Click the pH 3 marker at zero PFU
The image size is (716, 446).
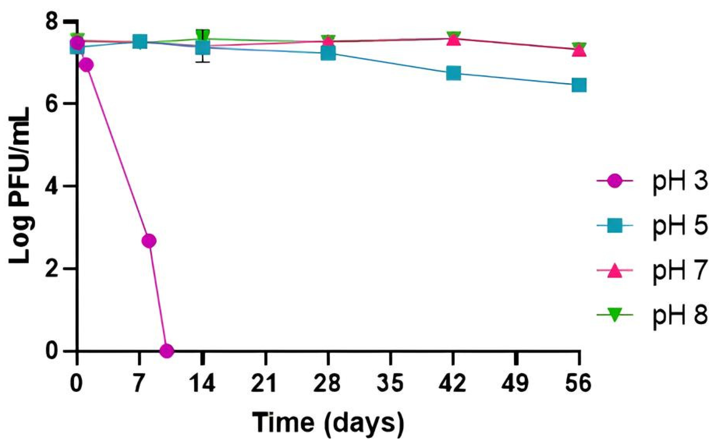point(167,350)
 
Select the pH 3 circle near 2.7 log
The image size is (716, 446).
point(149,241)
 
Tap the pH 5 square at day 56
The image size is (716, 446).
point(579,85)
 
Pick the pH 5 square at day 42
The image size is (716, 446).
point(453,73)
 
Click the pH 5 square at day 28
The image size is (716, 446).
point(328,53)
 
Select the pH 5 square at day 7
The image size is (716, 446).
point(140,42)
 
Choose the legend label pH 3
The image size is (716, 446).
point(680,182)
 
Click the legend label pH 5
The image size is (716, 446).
point(680,226)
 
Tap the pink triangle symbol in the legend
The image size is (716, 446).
point(614,271)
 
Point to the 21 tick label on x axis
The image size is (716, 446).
point(264,384)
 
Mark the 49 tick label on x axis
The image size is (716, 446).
point(516,384)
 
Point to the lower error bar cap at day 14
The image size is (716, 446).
point(203,62)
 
